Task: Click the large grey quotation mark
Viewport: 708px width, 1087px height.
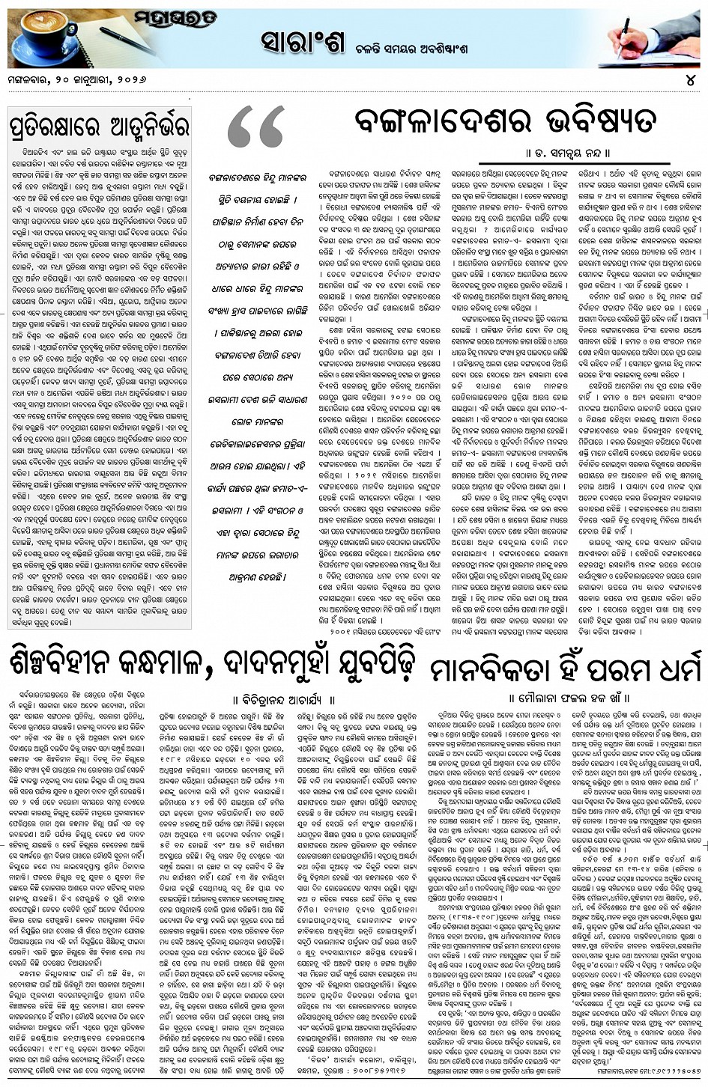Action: (x=255, y=127)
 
